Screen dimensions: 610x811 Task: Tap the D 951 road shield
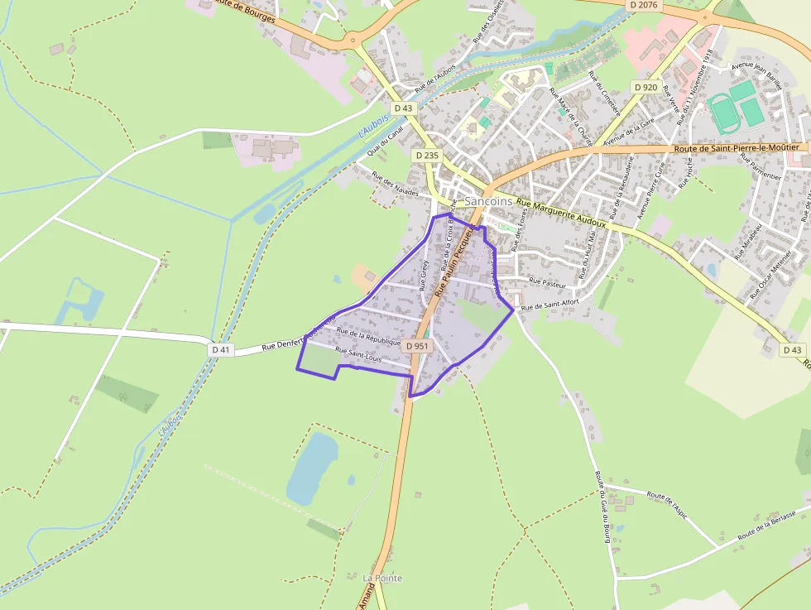coord(420,346)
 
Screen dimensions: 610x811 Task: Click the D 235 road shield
coord(427,155)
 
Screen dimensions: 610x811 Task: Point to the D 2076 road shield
coord(642,5)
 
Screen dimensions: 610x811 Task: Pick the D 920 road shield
coord(645,87)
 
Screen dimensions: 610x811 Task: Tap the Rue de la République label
coord(368,338)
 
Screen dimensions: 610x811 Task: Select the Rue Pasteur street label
coord(548,283)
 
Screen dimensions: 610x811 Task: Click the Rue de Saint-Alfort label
coord(550,304)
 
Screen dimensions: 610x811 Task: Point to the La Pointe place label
coord(382,578)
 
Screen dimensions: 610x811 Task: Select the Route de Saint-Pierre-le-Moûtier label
coord(736,147)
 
